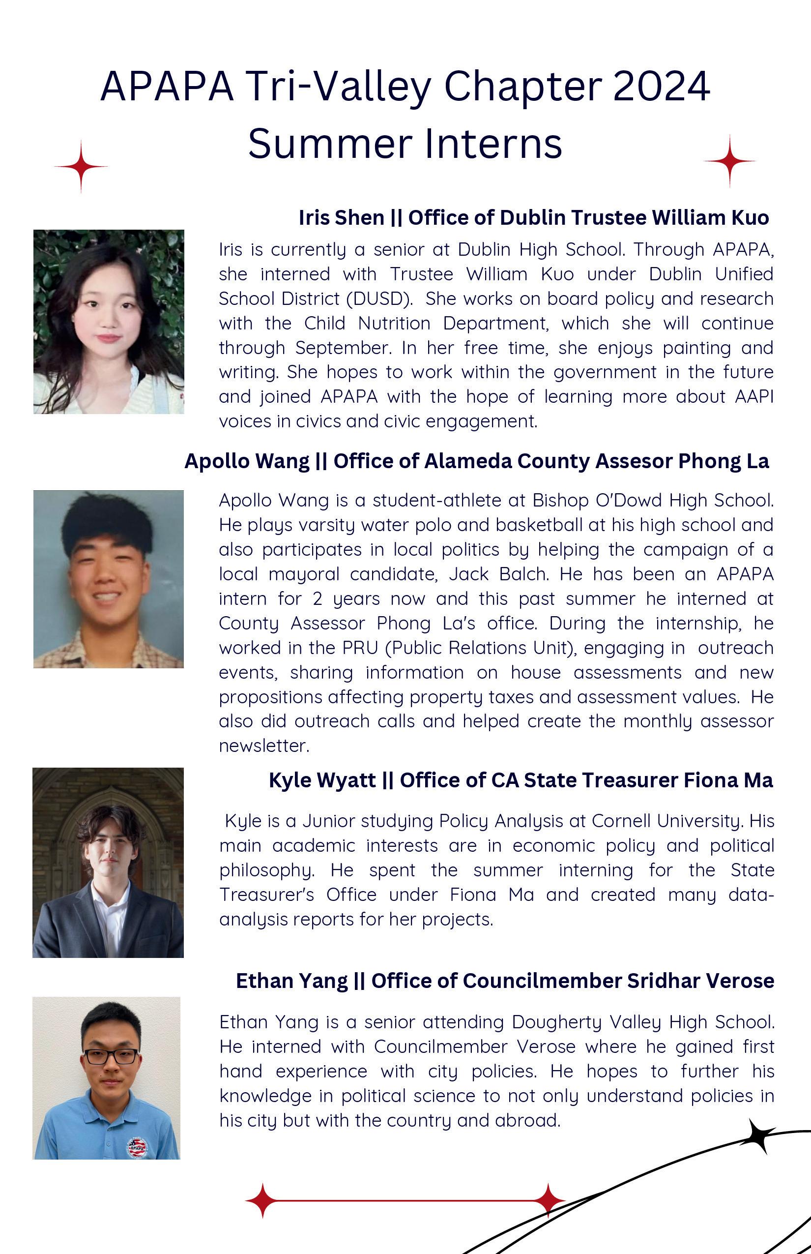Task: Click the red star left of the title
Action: [81, 167]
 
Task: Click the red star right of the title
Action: [729, 161]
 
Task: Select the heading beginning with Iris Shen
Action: [533, 217]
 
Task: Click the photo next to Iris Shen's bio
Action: [109, 322]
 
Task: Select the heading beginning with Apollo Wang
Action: [477, 461]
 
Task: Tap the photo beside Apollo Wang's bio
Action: [109, 579]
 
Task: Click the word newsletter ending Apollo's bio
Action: [263, 746]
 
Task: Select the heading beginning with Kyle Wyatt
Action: [521, 780]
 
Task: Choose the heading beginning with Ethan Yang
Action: [504, 981]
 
